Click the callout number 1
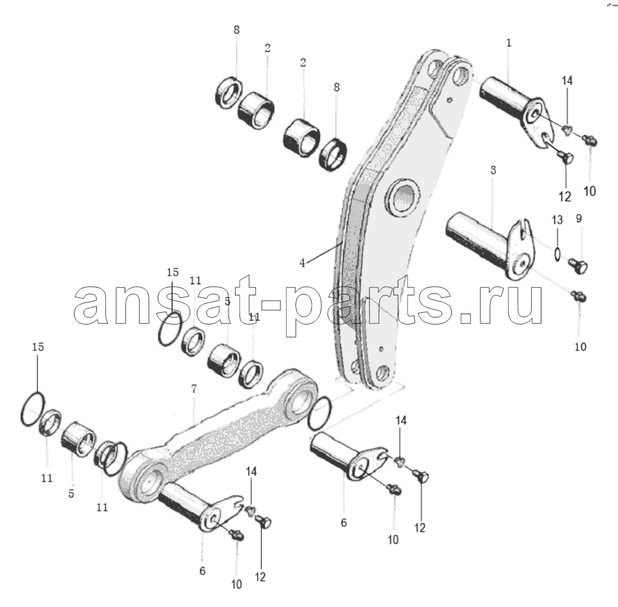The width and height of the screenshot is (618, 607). (508, 43)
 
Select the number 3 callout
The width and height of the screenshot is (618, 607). (493, 170)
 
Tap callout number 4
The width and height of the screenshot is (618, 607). (303, 263)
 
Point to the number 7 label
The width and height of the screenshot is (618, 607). (193, 389)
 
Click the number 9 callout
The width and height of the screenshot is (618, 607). (578, 218)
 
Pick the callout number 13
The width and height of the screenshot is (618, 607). (557, 220)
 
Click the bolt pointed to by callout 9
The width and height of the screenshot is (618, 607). (577, 266)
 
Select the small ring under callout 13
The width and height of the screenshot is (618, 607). (557, 254)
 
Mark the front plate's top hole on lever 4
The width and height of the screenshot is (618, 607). (460, 77)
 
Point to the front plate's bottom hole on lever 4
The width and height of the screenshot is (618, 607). (383, 372)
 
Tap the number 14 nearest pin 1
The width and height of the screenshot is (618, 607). (567, 81)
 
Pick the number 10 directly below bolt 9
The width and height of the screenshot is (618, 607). (580, 347)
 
